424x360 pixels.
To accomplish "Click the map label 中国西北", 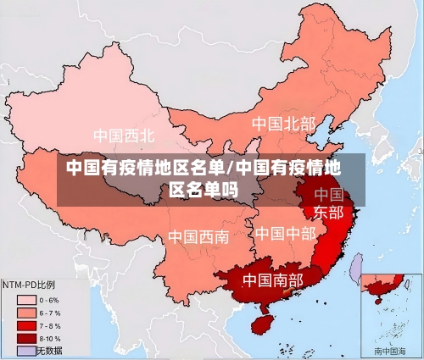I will click(124, 136).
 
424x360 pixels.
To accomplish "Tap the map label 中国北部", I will click(283, 124).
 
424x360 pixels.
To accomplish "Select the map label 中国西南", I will click(198, 236).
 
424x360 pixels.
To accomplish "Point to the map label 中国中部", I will click(285, 233).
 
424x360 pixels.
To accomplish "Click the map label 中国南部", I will click(272, 279).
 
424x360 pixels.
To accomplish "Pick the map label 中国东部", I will click(329, 203).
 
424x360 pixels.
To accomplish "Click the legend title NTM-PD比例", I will click(30, 284).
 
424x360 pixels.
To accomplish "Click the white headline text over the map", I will click(204, 178).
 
